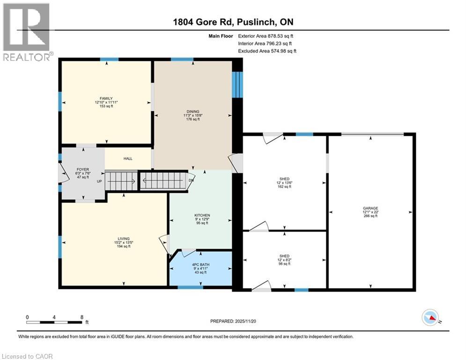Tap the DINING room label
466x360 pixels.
pyautogui.click(x=193, y=112)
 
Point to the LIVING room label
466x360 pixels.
pyautogui.click(x=124, y=239)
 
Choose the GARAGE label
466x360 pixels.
pyautogui.click(x=370, y=208)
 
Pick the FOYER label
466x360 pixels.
pyautogui.click(x=82, y=170)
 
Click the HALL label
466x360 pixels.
pyautogui.click(x=128, y=159)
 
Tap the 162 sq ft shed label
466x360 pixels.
pyautogui.click(x=284, y=183)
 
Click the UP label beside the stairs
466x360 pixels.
pyautogui.click(x=99, y=181)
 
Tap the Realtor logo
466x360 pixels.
pyautogui.click(x=27, y=32)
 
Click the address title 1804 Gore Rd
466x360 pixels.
pyautogui.click(x=233, y=22)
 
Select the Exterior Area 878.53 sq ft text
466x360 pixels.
pyautogui.click(x=266, y=36)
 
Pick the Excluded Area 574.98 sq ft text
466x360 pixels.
pyautogui.click(x=267, y=51)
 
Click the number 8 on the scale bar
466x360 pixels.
pyautogui.click(x=82, y=317)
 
